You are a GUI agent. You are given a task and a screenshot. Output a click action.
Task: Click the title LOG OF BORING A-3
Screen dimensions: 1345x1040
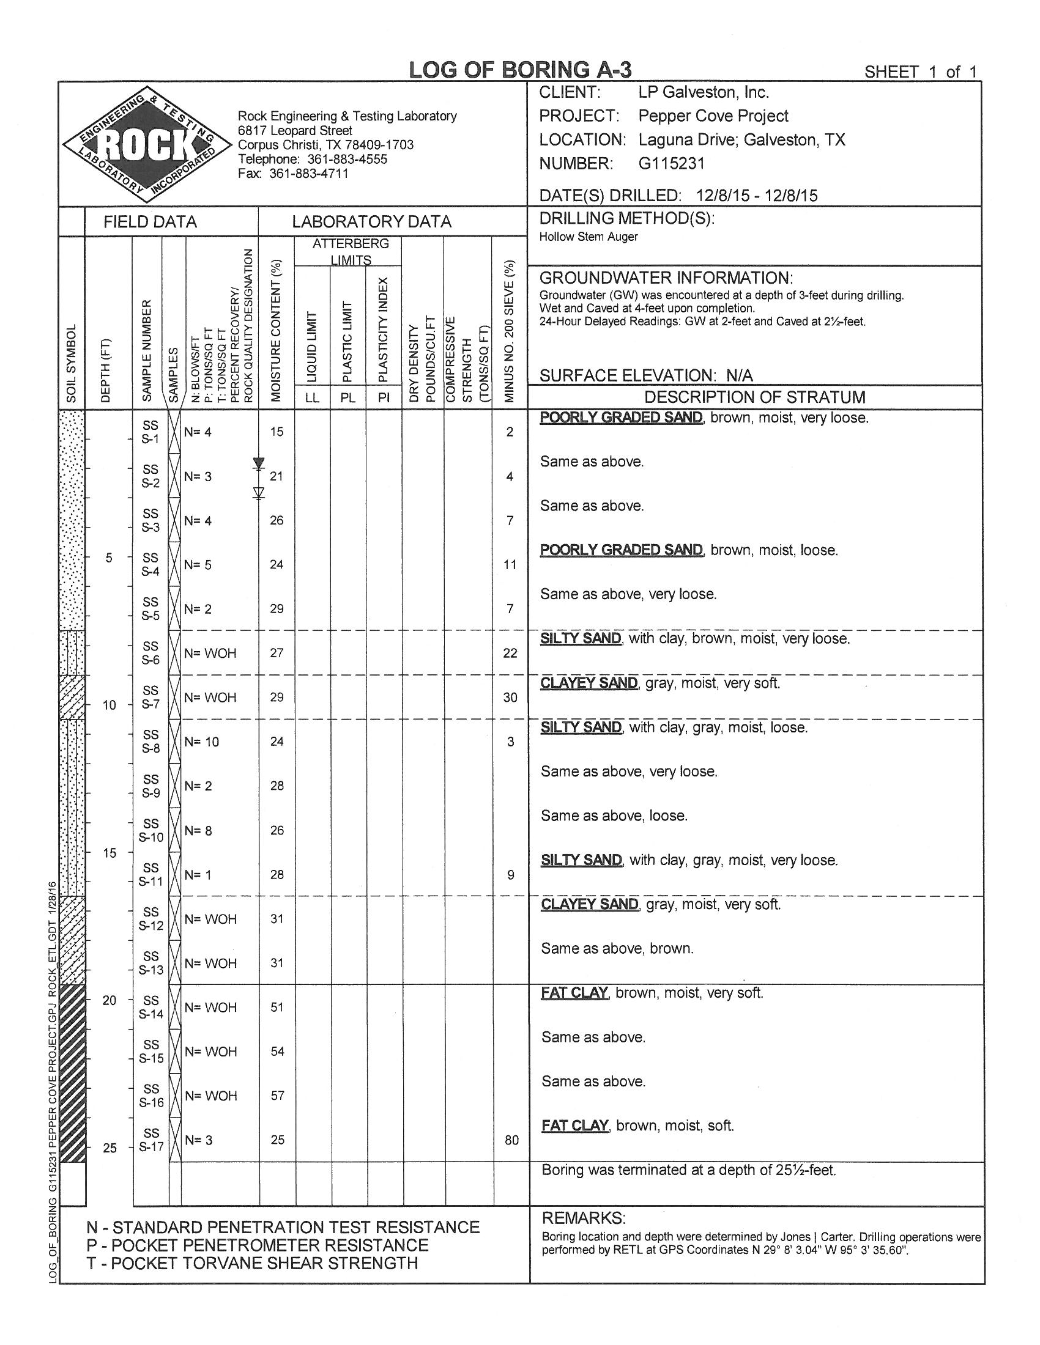521,70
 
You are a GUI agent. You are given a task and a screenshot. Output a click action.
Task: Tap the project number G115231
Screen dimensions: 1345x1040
671,164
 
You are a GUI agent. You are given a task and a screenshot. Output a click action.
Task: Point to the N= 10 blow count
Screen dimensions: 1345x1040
201,742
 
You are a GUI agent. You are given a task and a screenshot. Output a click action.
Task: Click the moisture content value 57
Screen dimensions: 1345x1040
277,1096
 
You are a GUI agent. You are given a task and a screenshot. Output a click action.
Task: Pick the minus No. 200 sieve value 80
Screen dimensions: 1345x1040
511,1140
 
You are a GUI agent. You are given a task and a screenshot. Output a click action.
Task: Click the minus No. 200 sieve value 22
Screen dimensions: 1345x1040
510,653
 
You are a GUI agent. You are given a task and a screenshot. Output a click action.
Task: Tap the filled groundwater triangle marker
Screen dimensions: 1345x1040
259,463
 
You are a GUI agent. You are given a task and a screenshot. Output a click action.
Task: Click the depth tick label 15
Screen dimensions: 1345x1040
109,853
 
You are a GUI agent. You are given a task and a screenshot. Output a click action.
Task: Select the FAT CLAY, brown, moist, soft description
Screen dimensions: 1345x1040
637,1126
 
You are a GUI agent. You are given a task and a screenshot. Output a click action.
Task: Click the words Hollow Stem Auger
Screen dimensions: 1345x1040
589,237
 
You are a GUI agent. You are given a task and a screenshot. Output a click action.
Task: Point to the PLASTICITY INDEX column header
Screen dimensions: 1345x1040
383,330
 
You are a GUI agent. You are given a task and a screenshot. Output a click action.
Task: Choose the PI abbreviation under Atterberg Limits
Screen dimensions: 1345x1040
384,398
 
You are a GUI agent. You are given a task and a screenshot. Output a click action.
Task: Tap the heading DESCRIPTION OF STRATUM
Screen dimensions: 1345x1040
755,397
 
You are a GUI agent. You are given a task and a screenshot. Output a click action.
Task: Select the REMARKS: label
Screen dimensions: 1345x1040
583,1218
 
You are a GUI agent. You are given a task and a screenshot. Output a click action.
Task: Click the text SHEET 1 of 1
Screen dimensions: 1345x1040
921,72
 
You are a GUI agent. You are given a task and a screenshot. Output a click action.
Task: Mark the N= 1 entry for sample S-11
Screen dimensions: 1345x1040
197,874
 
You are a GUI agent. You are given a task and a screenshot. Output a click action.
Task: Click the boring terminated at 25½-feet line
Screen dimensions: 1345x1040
689,1170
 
